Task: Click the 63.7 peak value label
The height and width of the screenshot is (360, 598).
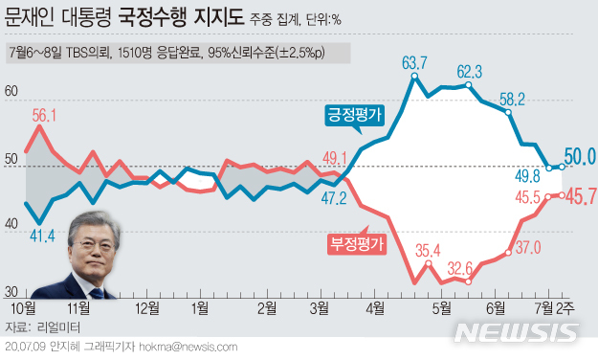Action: pos(414,64)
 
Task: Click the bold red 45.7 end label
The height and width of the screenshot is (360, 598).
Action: pos(580,197)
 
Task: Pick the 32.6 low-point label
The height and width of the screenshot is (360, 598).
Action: pos(468,268)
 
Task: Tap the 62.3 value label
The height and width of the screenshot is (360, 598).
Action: pos(469,71)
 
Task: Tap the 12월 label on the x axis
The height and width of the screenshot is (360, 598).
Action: pos(147,308)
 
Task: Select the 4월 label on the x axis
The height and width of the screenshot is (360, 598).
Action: pos(375,308)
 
